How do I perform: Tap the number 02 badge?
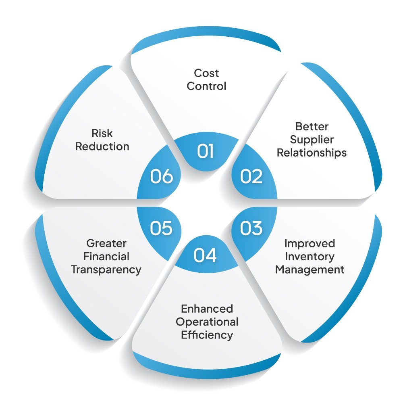pyautogui.click(x=251, y=176)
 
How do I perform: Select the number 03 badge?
pyautogui.click(x=251, y=228)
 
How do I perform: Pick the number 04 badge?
pyautogui.click(x=205, y=255)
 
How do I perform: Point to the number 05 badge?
pyautogui.click(x=161, y=228)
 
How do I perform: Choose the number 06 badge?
pyautogui.click(x=161, y=176)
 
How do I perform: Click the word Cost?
pyautogui.click(x=206, y=73)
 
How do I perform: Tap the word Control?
pyautogui.click(x=206, y=86)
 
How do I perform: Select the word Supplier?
pyautogui.click(x=312, y=140)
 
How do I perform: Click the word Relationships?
pyautogui.click(x=312, y=153)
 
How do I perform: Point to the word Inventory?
pyautogui.click(x=310, y=257)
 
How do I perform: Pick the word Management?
pyautogui.click(x=310, y=270)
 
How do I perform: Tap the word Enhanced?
pyautogui.click(x=207, y=309)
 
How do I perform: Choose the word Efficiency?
pyautogui.click(x=207, y=335)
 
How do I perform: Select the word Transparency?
pyautogui.click(x=106, y=270)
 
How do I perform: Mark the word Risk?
pyautogui.click(x=102, y=133)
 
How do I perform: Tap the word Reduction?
pyautogui.click(x=102, y=146)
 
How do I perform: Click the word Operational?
pyautogui.click(x=207, y=322)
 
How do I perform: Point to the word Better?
pyautogui.click(x=312, y=127)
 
